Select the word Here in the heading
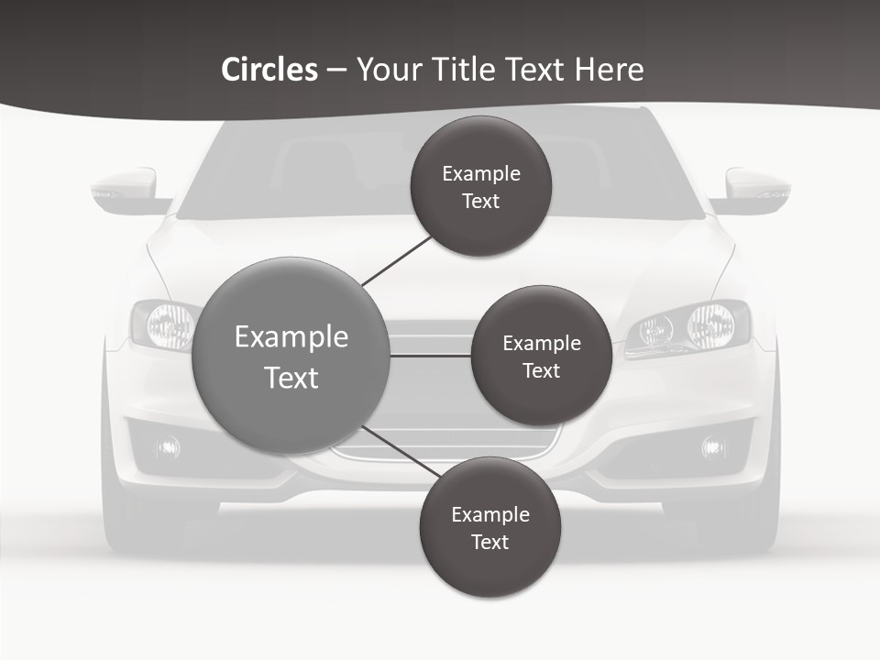609,70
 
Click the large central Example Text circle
291,356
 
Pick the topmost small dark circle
480,186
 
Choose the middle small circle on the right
541,356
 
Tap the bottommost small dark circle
489,527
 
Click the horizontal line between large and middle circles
431,356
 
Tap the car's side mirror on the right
756,189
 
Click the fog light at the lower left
168,447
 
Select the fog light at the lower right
713,447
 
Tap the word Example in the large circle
291,337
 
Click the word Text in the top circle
480,202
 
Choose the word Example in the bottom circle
489,514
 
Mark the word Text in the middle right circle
541,371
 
